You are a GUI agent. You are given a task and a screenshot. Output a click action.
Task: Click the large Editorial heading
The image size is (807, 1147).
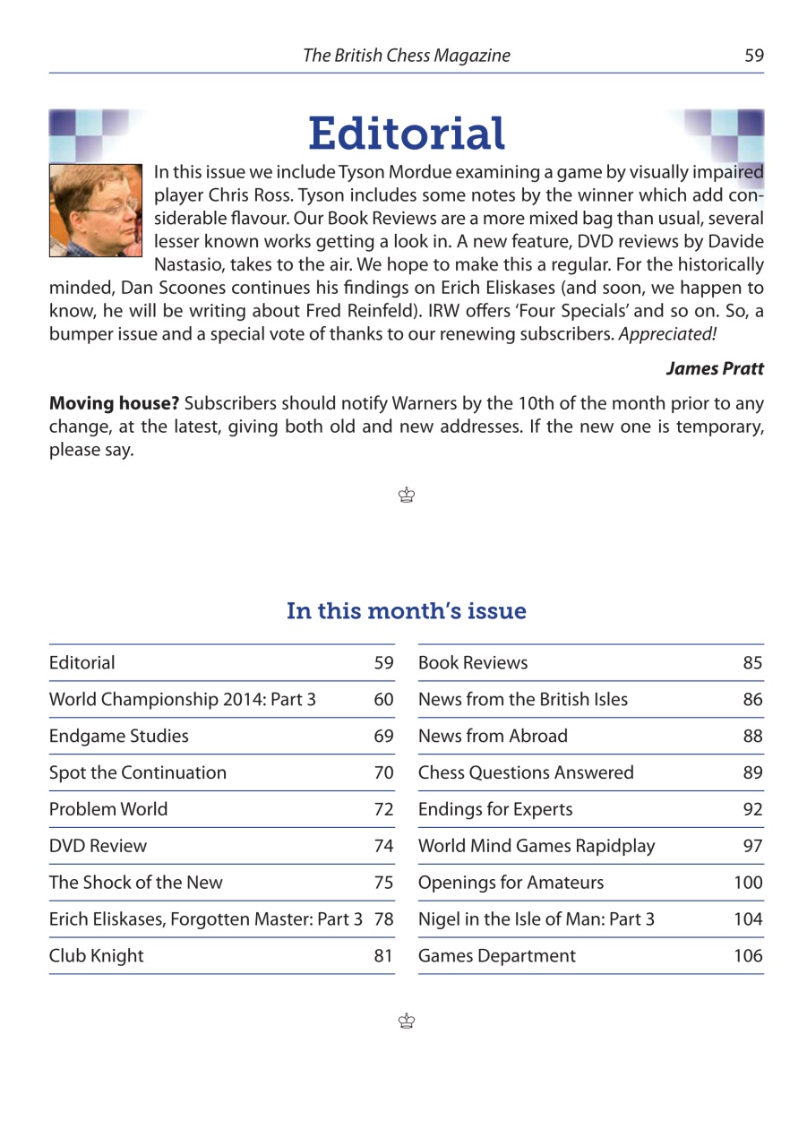point(407,134)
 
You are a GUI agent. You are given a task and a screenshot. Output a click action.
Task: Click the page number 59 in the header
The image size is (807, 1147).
point(753,56)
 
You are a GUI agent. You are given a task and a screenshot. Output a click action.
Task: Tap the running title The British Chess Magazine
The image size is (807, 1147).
point(406,56)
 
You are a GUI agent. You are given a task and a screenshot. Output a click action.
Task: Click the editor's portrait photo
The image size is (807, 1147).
point(96,211)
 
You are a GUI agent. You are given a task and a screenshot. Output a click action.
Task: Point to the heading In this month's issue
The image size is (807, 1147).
point(406,611)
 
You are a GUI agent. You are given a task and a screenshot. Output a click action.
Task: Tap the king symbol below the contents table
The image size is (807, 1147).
point(408,1021)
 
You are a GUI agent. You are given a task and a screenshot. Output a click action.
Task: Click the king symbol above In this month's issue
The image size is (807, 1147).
point(408,495)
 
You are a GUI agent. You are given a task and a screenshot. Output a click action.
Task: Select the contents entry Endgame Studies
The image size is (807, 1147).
point(119,737)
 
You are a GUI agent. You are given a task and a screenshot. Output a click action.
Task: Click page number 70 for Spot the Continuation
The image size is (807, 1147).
point(383,773)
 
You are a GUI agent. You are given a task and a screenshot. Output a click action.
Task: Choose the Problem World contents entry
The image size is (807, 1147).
point(108,810)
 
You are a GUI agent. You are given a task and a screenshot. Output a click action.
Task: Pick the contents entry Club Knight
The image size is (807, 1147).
point(96,956)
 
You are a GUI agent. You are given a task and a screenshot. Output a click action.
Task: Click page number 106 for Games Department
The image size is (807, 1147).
point(747,956)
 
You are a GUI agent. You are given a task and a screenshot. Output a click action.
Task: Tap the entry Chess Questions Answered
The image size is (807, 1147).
point(526,773)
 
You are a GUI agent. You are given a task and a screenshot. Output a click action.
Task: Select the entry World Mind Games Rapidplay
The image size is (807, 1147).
point(537,847)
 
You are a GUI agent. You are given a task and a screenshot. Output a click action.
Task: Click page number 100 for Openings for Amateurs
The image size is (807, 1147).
point(747,884)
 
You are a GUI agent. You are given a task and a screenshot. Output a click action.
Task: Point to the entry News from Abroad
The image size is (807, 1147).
point(493,737)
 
